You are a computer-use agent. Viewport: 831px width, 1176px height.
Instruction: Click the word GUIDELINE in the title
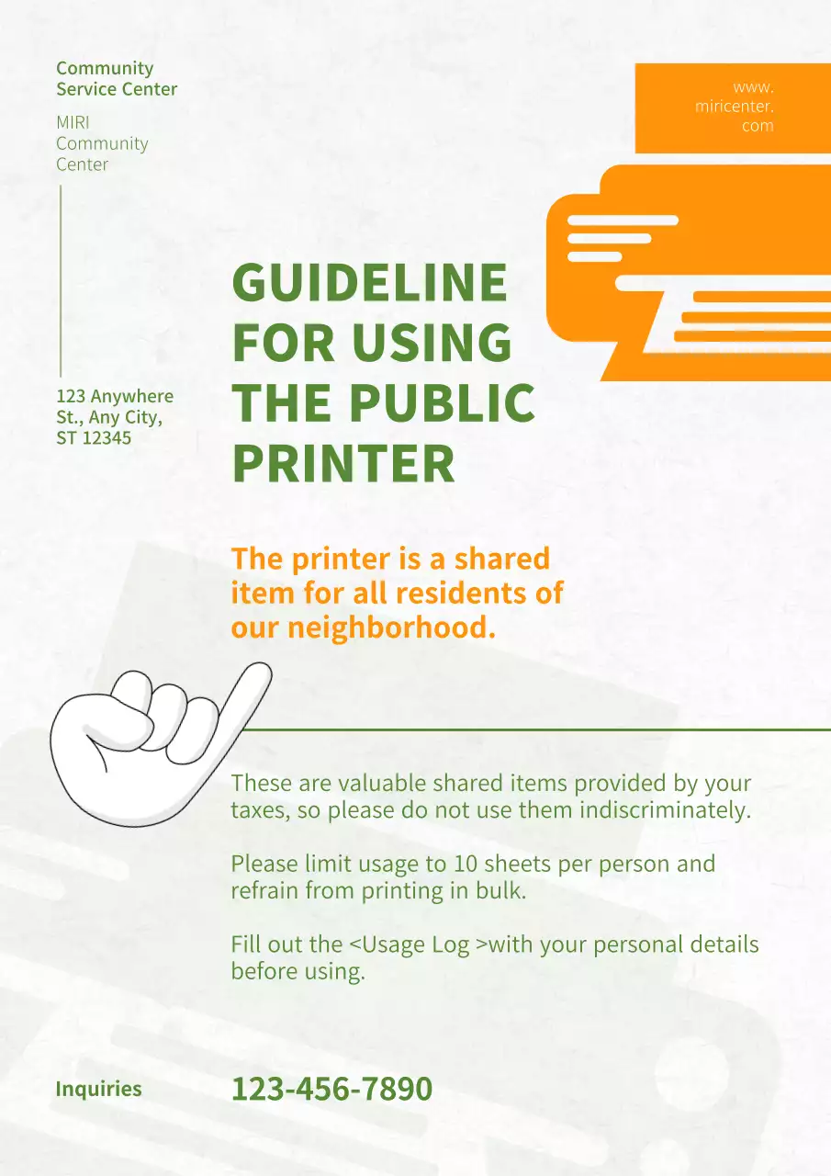(x=369, y=283)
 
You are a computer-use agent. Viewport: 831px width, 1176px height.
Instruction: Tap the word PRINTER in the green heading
(x=343, y=464)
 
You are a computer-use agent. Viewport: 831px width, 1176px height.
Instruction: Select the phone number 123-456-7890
(x=331, y=1090)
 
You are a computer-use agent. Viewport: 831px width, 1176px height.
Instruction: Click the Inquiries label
(x=99, y=1090)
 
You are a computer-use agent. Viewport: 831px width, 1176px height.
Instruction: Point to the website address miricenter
(x=735, y=107)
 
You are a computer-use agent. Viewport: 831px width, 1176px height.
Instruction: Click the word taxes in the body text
(x=259, y=811)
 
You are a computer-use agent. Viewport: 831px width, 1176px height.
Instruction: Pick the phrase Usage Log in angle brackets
(x=418, y=944)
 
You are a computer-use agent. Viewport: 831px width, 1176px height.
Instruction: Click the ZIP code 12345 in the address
(x=107, y=437)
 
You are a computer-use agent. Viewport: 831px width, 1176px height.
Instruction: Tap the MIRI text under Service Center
(x=73, y=122)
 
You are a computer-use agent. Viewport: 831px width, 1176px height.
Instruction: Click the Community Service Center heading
(x=117, y=78)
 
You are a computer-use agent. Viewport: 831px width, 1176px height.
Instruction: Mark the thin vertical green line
(x=61, y=280)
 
